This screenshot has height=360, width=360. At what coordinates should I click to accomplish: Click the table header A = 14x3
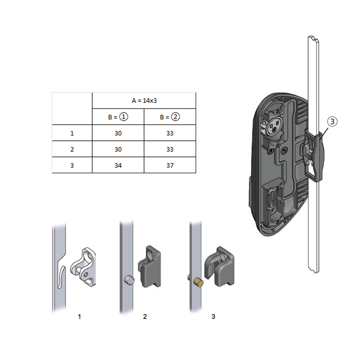pos(144,101)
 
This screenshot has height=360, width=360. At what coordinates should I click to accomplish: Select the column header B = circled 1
pos(118,117)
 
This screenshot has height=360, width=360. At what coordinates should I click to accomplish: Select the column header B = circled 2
pos(170,117)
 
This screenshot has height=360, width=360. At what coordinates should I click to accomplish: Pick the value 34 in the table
pos(118,165)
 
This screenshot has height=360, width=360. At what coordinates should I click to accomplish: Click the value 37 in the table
pos(170,165)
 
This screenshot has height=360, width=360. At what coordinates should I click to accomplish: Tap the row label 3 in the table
pos(72,165)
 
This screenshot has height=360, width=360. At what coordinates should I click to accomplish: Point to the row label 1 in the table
pos(72,133)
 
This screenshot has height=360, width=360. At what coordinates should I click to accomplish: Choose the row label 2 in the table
pos(72,149)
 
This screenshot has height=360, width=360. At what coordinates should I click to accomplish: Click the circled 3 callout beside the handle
pos(332,121)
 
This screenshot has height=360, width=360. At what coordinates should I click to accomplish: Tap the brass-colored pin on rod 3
pos(198,282)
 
